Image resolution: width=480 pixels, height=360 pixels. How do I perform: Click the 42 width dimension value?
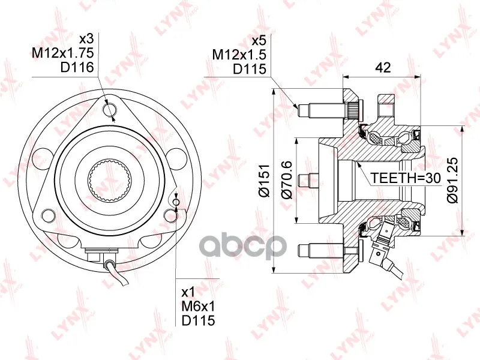[383, 67]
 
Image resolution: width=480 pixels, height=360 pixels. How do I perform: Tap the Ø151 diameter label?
[263, 181]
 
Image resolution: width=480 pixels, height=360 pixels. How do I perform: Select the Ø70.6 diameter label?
[287, 181]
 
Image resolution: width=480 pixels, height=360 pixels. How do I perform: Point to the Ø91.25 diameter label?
[452, 180]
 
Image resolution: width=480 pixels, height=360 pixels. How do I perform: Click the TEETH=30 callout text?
[406, 178]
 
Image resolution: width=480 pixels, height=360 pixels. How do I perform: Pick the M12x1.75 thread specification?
[63, 53]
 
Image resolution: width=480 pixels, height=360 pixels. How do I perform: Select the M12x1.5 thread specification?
[239, 55]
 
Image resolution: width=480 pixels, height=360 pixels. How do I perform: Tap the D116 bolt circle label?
[77, 67]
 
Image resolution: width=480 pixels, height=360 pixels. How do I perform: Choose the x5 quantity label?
[259, 40]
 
